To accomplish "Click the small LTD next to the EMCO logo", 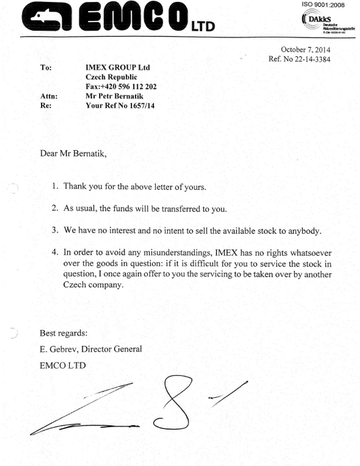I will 203,27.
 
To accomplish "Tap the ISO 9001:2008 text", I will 323,5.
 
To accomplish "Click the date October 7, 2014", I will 305,50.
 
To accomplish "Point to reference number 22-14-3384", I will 312,59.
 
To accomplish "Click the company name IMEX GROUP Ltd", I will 117,67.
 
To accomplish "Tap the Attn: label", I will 49,96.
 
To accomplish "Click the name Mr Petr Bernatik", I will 114,96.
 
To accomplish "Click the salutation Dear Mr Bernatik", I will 73,153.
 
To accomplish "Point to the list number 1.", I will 55,186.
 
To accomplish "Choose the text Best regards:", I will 63,333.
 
